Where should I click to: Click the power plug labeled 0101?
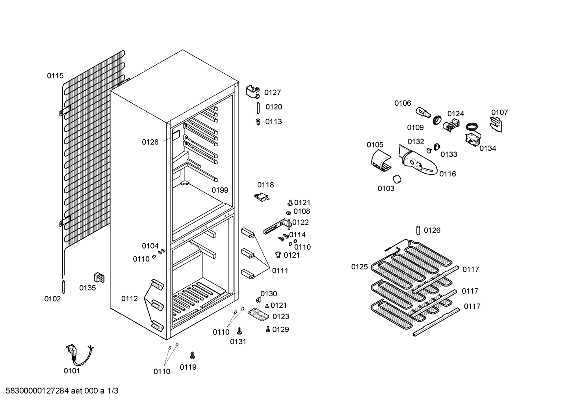pos(76,354)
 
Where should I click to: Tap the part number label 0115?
pos(55,76)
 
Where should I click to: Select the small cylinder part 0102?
pos(63,287)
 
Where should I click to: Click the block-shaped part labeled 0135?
pos(99,277)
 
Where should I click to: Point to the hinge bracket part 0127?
pos(253,92)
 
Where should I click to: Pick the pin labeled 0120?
pos(258,108)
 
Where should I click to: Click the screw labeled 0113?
pos(258,122)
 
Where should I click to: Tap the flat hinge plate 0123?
pos(258,315)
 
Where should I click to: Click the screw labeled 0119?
pos(192,355)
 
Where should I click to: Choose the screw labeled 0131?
pos(239,331)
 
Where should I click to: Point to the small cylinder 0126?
pos(418,230)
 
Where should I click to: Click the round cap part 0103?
pos(397,179)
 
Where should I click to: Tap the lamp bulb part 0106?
pos(423,113)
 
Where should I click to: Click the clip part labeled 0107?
pos(496,124)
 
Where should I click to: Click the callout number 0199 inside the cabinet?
pos(220,190)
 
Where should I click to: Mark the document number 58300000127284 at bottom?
pos(37,391)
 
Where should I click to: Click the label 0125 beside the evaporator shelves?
pos(359,267)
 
